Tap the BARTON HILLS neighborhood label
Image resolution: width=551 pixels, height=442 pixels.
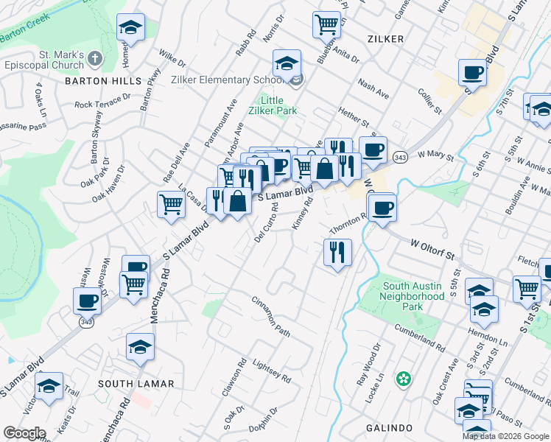click(x=96, y=81)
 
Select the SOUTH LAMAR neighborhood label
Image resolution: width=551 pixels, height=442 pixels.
click(x=136, y=384)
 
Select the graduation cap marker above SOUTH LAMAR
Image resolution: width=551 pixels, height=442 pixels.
click(x=140, y=347)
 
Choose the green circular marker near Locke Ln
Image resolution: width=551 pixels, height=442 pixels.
click(x=403, y=379)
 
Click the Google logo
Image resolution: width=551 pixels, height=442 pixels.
click(x=24, y=433)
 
